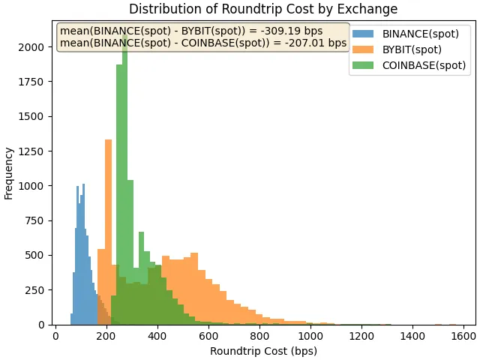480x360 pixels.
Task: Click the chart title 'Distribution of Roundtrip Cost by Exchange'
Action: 263,9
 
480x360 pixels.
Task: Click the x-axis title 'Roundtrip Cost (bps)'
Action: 263,351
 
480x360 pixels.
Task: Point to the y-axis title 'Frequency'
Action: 9,173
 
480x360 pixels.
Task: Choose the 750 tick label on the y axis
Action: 35,220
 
